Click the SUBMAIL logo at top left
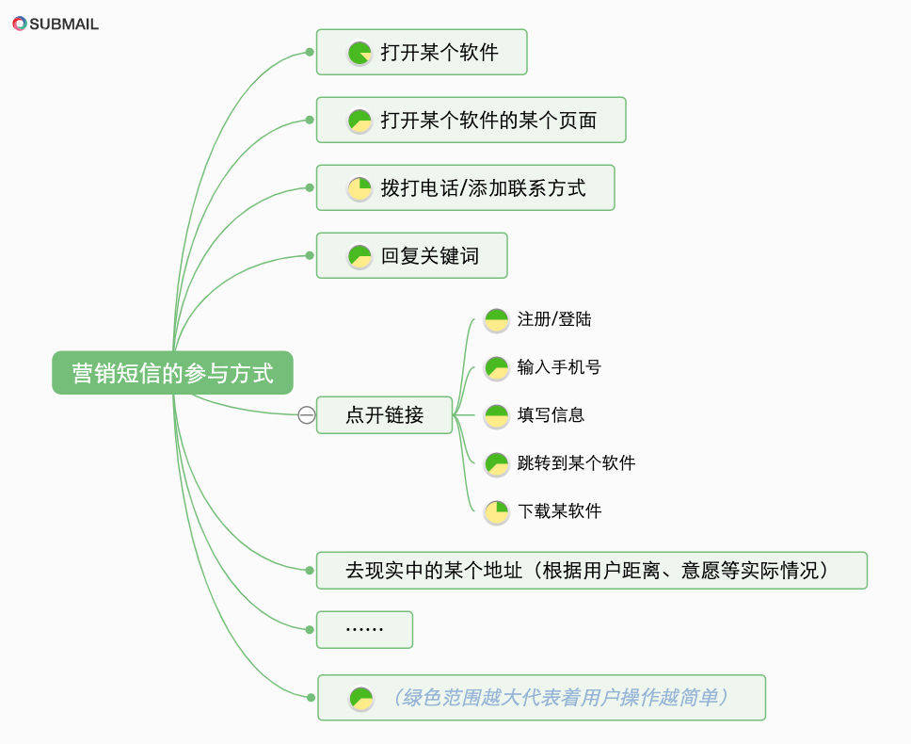tap(56, 24)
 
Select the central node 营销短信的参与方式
tap(172, 374)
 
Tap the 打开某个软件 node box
tap(422, 53)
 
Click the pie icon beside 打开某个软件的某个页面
tap(360, 121)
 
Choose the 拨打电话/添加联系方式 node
tap(465, 188)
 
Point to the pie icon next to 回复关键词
tap(360, 256)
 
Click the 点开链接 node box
tap(384, 414)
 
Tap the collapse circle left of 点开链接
tap(307, 414)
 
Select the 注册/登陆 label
tap(554, 319)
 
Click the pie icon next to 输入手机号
tap(496, 367)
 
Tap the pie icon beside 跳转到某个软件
tap(496, 463)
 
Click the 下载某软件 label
tap(559, 511)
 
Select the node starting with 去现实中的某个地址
tap(591, 571)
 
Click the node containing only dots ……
tap(364, 629)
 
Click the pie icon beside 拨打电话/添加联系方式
tap(360, 188)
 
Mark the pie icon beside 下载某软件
tap(496, 511)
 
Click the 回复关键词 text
tap(429, 256)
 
